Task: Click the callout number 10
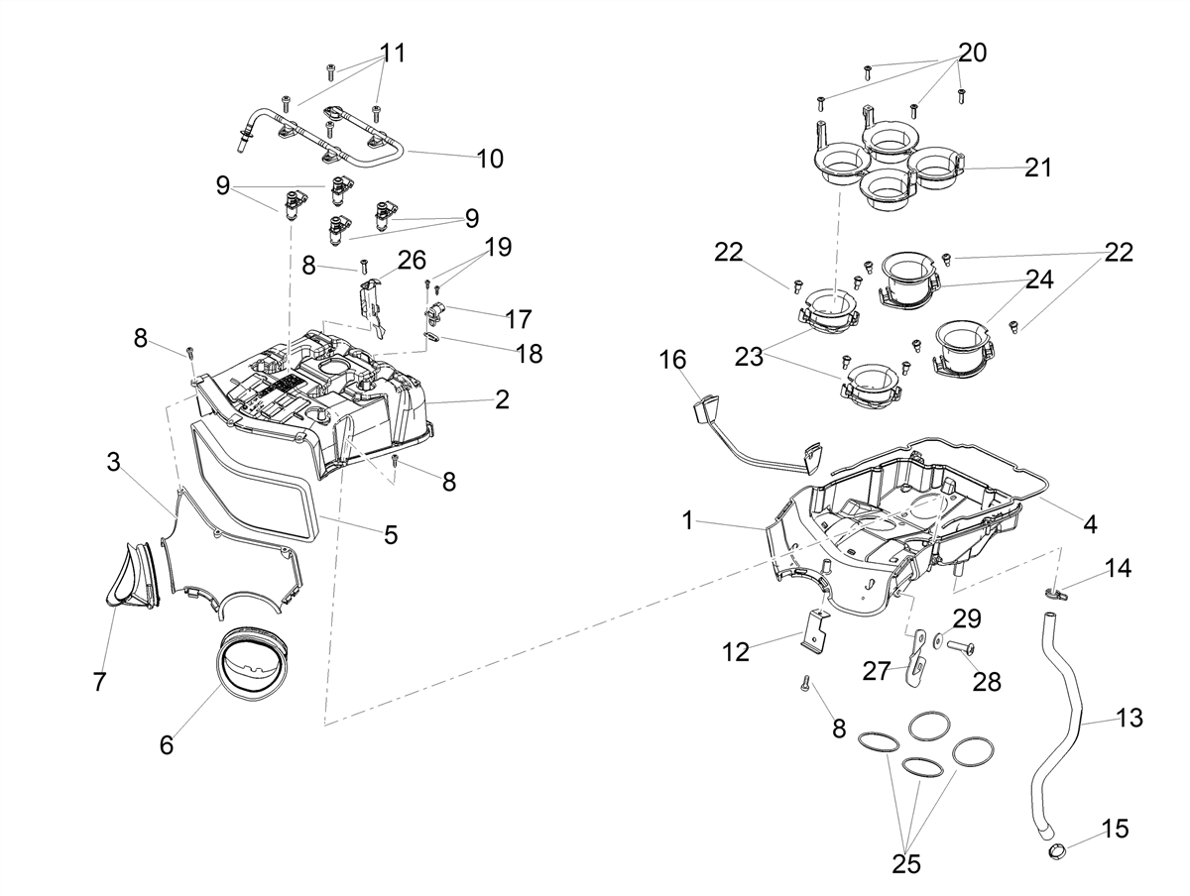490,159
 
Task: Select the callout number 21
1037,168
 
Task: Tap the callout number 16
672,360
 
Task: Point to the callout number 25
906,864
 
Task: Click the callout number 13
1130,718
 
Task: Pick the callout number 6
167,746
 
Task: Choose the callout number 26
412,261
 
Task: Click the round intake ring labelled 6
253,660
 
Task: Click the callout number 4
1090,524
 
